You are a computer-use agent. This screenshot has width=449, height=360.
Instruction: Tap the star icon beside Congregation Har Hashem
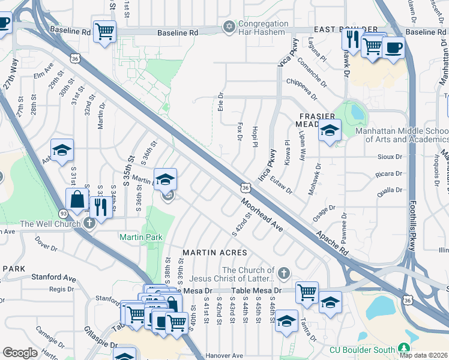228,27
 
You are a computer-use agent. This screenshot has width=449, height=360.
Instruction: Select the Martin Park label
141,237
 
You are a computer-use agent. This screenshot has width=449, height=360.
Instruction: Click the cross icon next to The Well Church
89,224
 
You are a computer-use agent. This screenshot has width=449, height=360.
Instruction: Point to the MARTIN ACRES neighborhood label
214,253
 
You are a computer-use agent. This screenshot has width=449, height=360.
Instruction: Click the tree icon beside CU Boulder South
403,349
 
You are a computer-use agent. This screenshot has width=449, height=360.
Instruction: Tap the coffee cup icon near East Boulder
393,47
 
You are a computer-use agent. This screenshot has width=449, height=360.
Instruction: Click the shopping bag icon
77,199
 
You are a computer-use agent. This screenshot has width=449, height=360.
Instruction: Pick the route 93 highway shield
62,213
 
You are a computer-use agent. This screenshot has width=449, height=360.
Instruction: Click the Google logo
20,353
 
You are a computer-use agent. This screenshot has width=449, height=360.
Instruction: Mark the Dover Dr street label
46,244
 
